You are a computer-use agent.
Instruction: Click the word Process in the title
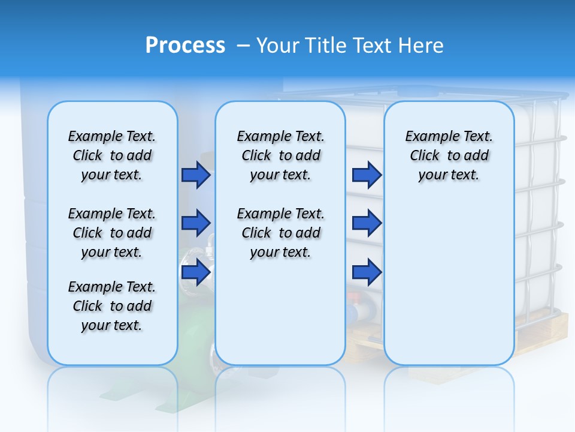pos(185,46)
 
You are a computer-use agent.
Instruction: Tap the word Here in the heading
pos(422,46)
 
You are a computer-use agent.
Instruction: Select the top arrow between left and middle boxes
pos(195,175)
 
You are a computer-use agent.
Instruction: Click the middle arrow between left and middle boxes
pos(195,223)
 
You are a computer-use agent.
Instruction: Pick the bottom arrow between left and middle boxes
pos(195,272)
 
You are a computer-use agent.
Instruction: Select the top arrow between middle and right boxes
pos(366,175)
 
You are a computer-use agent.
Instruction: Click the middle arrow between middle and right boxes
pos(366,223)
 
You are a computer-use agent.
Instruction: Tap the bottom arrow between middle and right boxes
pos(366,272)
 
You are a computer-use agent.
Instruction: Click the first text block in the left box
pos(112,155)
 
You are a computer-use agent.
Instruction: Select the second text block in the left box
pos(112,233)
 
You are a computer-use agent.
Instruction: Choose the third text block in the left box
pos(112,306)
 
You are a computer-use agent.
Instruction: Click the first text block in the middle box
pos(281,155)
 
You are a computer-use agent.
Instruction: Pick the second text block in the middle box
pos(281,233)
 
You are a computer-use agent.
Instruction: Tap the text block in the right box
pos(449,155)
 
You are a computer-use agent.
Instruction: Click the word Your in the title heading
pos(279,46)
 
